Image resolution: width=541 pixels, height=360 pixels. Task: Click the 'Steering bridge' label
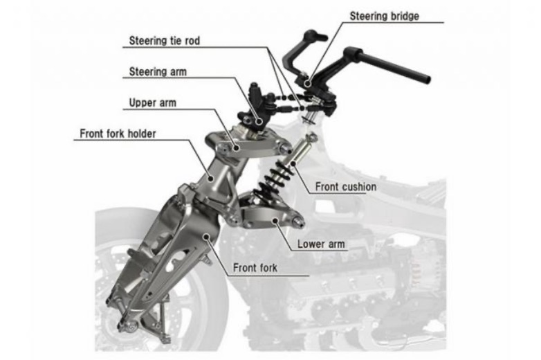(x=385, y=16)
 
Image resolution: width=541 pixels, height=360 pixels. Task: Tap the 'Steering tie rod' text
(x=164, y=41)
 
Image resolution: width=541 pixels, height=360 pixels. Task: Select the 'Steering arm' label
(x=158, y=72)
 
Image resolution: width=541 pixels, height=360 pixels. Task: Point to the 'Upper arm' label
(x=152, y=102)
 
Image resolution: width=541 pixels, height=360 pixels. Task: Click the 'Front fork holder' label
(x=118, y=134)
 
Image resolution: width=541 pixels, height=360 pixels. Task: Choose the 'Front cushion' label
(x=346, y=187)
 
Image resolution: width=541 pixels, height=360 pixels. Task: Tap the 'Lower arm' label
(x=321, y=244)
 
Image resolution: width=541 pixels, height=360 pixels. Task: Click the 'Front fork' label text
(x=255, y=267)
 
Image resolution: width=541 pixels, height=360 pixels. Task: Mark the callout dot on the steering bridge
(x=308, y=83)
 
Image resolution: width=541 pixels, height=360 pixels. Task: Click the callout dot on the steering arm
(x=259, y=121)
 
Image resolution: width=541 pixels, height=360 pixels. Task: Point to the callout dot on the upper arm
(x=236, y=147)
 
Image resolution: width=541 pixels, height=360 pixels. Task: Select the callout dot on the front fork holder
(x=211, y=178)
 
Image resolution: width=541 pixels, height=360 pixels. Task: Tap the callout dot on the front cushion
(x=293, y=162)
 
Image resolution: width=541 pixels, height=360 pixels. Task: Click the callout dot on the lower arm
(x=275, y=220)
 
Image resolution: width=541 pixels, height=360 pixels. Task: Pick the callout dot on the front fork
(x=206, y=237)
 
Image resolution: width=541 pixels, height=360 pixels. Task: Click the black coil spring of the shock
(x=273, y=179)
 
